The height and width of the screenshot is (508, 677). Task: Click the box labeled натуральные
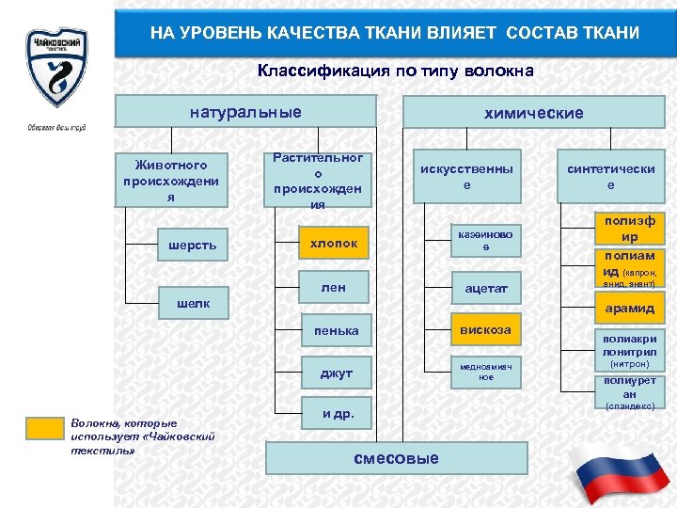pos(245,112)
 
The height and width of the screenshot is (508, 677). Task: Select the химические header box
pos(533,113)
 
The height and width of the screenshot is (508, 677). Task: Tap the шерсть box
pos(192,246)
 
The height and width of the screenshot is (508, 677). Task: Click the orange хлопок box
pos(334,243)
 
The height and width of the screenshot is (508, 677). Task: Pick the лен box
pos(334,288)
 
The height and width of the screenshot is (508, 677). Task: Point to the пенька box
pos(336,330)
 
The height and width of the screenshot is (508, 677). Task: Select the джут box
pos(336,373)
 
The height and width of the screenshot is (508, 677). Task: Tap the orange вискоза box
pos(485,330)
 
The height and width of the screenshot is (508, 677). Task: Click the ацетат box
pos(485,289)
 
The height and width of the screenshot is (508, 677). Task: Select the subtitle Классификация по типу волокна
pos(395,71)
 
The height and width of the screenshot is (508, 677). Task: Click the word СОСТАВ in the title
pos(540,33)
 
